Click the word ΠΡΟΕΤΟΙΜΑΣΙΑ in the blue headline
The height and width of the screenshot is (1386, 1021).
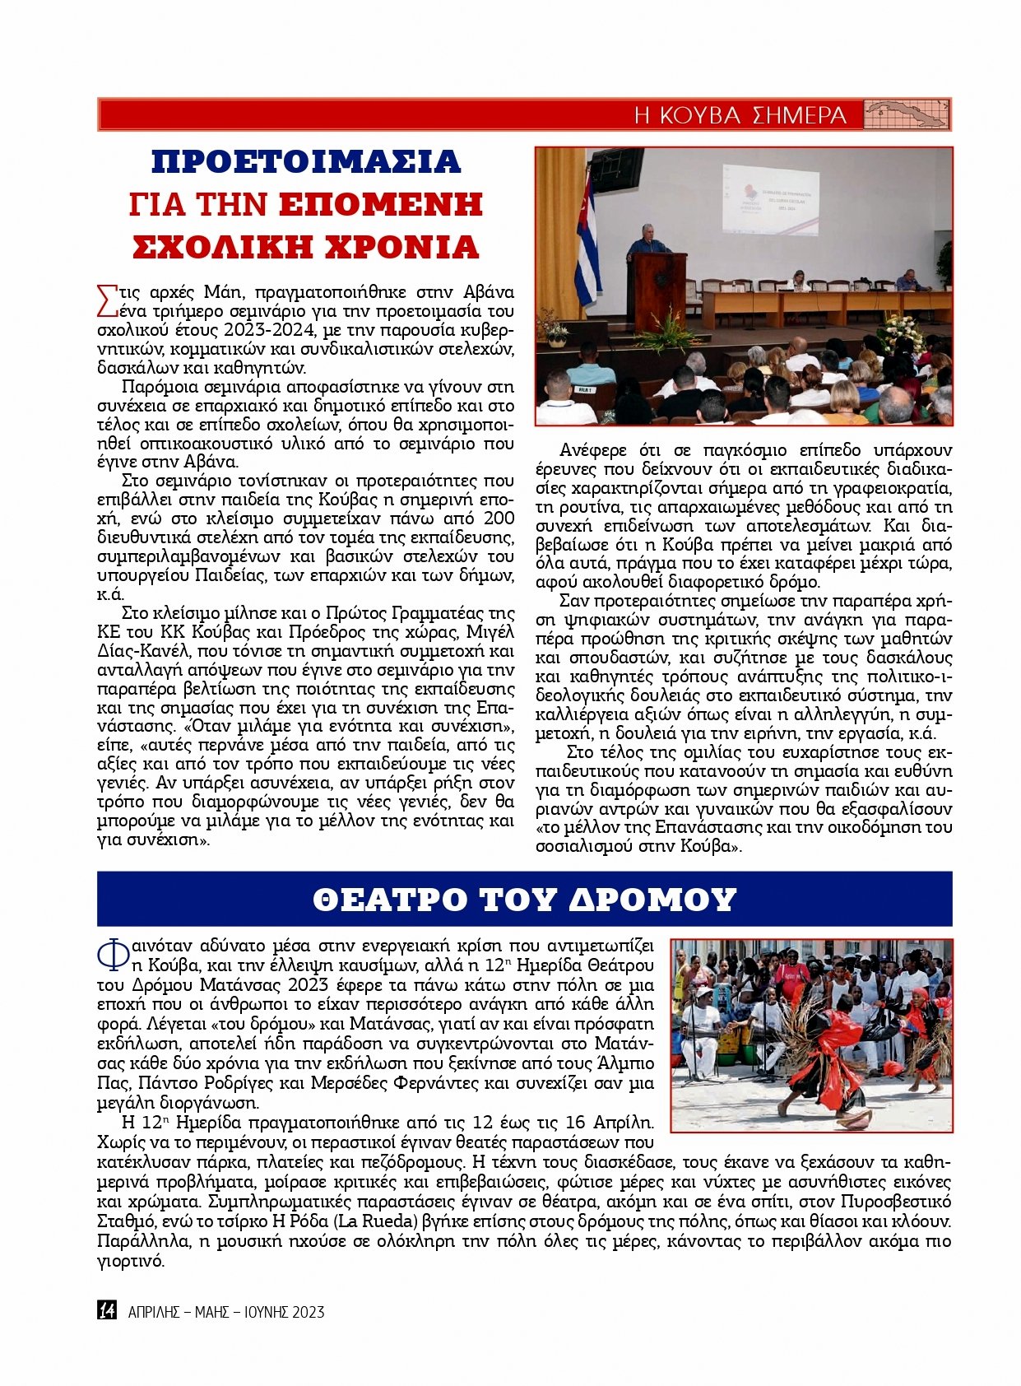tap(306, 161)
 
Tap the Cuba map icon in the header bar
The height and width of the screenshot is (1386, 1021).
tap(907, 114)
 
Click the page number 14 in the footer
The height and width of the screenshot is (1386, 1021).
tap(106, 1310)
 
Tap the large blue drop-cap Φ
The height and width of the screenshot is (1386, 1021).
tap(113, 955)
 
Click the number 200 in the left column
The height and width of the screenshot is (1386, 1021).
tap(499, 519)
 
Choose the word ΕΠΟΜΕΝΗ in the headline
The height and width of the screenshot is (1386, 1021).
tap(379, 204)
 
